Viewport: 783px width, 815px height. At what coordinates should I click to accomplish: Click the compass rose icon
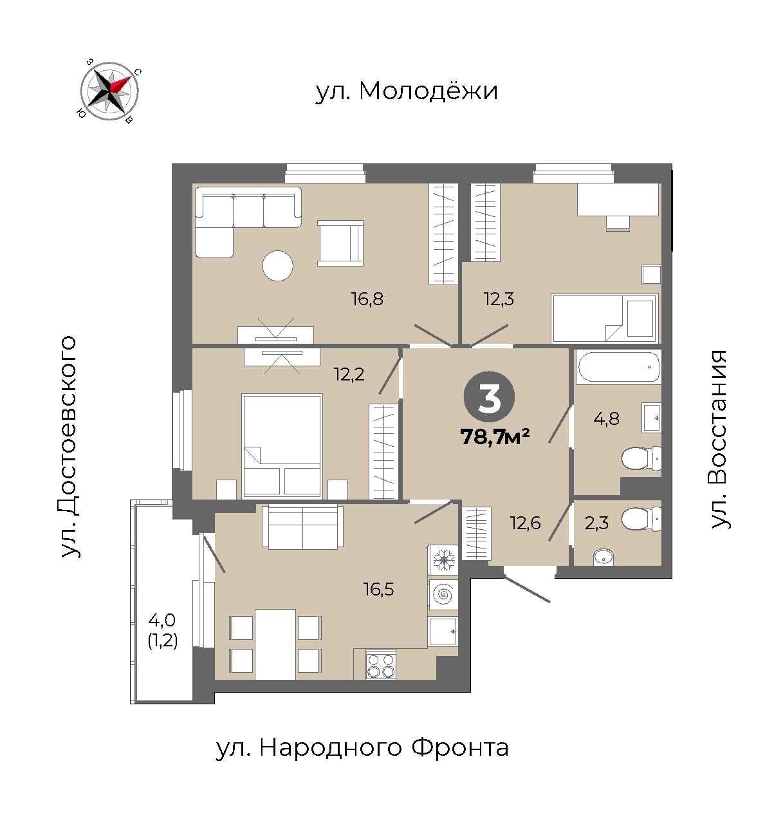click(x=109, y=91)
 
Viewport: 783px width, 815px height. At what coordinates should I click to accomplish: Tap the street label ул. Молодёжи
click(x=407, y=91)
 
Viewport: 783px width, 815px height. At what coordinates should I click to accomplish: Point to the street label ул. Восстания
click(x=719, y=439)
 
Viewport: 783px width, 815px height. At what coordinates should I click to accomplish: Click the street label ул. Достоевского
click(x=68, y=447)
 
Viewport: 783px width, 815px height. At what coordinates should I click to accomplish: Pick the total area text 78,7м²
click(x=495, y=437)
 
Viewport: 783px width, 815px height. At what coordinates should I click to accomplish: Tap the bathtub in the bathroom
click(x=618, y=367)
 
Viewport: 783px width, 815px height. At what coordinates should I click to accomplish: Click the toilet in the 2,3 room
click(x=641, y=520)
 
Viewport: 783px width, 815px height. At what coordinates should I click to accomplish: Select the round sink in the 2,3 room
click(x=603, y=557)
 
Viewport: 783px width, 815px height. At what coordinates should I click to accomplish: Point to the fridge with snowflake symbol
click(x=443, y=560)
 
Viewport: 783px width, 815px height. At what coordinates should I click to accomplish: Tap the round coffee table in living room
click(x=277, y=265)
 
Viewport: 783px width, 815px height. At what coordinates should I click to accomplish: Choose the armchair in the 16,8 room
click(x=340, y=243)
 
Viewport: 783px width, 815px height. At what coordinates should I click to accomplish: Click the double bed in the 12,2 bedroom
click(x=282, y=447)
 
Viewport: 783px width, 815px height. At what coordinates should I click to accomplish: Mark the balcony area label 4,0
click(x=162, y=619)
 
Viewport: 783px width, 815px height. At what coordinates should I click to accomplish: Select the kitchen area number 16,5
click(x=379, y=590)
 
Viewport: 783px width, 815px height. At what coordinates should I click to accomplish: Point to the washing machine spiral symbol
click(x=443, y=595)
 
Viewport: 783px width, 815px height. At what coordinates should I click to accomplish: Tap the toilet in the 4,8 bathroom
click(x=641, y=458)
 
